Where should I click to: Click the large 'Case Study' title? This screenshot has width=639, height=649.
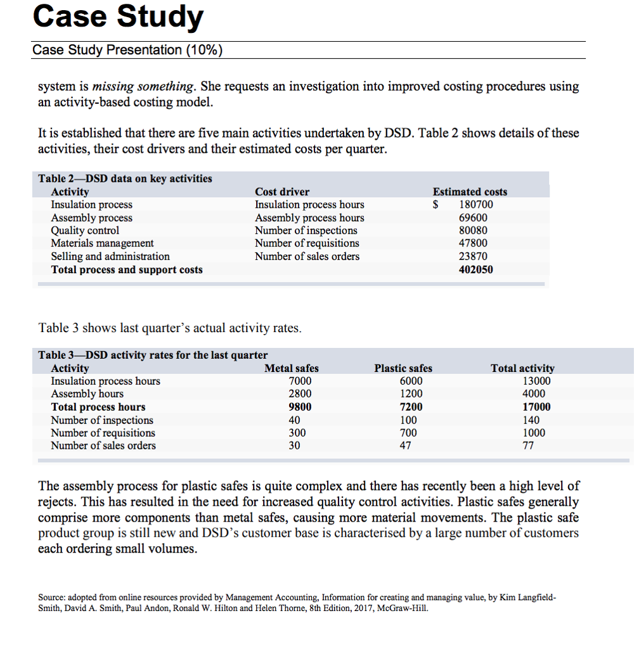118,17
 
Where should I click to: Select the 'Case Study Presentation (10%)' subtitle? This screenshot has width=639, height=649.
127,50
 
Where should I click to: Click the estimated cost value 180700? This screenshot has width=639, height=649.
475,205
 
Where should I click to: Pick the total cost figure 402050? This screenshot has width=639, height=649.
475,269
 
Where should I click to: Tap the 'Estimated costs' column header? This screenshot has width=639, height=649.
470,191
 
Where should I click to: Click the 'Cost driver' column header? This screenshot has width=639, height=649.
282,191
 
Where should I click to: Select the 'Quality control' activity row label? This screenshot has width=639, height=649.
85,231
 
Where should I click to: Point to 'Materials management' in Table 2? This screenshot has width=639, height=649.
102,243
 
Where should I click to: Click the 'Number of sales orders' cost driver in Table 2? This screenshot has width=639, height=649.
307,257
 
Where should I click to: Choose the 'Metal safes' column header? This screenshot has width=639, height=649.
292,368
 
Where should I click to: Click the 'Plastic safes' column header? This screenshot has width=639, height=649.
403,368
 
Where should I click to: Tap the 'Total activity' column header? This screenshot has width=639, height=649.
522,368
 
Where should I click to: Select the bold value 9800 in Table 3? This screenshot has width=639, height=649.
300,407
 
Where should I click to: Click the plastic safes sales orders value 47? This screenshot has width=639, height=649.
406,446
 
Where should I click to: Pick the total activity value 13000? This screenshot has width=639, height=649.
536,381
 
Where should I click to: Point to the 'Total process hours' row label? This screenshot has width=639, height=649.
98,407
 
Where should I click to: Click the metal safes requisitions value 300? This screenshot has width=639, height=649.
297,433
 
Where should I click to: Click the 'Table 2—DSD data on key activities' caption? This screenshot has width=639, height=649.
126,178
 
